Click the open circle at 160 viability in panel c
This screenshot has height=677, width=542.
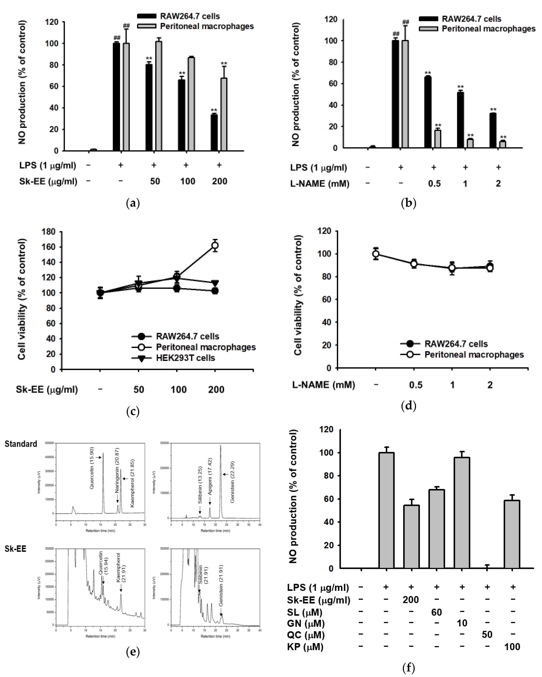(x=215, y=246)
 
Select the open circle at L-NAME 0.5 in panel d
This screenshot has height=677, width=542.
(x=414, y=264)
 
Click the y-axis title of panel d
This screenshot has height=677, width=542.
(x=298, y=295)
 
